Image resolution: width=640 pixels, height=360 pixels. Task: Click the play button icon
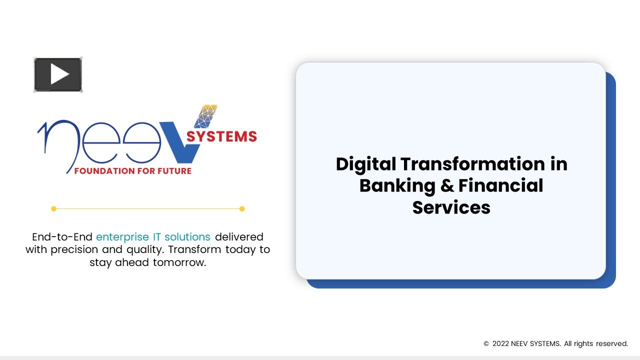(x=58, y=75)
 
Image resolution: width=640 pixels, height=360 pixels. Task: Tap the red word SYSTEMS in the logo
(x=221, y=136)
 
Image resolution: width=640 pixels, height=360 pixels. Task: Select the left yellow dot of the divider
(x=54, y=208)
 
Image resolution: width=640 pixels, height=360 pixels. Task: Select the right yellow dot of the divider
(x=242, y=208)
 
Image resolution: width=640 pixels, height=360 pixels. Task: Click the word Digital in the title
(x=366, y=164)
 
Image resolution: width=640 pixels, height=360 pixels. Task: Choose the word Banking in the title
(x=397, y=185)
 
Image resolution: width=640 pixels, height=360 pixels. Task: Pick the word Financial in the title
(x=500, y=185)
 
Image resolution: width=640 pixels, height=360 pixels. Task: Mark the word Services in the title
(x=451, y=207)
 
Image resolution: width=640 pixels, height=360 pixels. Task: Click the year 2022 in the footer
(x=500, y=343)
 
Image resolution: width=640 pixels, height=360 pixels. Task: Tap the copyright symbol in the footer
(x=486, y=343)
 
